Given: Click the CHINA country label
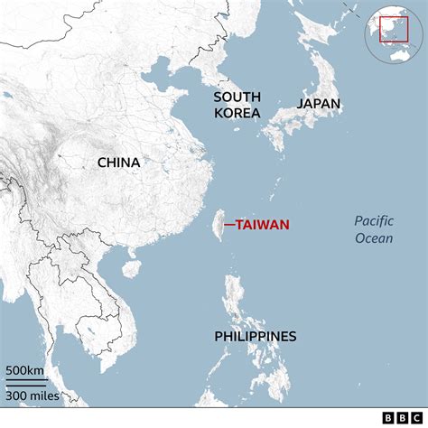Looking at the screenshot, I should [118, 163].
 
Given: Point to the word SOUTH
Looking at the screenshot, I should [237, 96].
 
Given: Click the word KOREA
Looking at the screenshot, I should [237, 113].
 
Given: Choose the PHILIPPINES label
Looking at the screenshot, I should [256, 337].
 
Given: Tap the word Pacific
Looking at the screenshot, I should [374, 220].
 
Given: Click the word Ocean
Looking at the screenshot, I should [374, 237].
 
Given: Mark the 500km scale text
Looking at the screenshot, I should [25, 370].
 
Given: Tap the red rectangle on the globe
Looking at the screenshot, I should [393, 30].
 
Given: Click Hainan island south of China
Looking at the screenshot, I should [132, 268].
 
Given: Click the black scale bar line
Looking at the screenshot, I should [27, 380].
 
